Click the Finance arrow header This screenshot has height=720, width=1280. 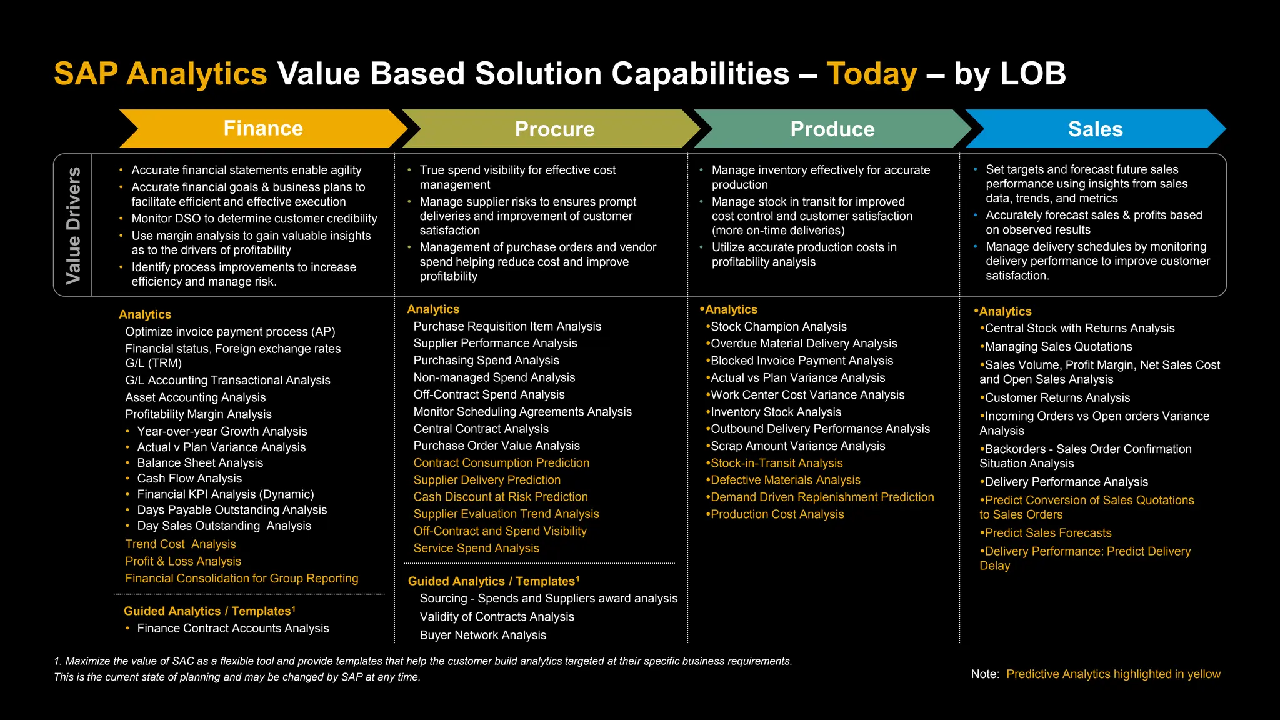point(263,128)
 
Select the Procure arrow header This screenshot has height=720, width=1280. point(554,129)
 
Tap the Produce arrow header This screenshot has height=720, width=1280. point(832,129)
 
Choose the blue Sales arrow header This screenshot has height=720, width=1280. point(1095,129)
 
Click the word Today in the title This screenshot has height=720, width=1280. point(871,74)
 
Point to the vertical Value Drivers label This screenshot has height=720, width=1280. point(73,225)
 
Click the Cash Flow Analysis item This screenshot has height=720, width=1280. point(189,478)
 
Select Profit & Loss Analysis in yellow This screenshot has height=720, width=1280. point(183,561)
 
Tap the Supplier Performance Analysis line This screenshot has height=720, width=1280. point(495,343)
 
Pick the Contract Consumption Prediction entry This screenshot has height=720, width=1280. point(501,462)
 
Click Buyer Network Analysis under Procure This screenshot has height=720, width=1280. point(482,635)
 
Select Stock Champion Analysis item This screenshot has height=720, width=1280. point(778,326)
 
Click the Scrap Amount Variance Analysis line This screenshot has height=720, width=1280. point(797,446)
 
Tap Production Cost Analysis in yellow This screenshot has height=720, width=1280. point(777,514)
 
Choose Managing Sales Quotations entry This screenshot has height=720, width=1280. point(1058,346)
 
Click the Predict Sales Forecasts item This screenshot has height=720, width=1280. point(1047,532)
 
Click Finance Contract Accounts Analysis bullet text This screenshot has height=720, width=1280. point(232,628)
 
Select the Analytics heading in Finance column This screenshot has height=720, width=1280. point(145,314)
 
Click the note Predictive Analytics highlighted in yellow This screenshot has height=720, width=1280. point(1112,674)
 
